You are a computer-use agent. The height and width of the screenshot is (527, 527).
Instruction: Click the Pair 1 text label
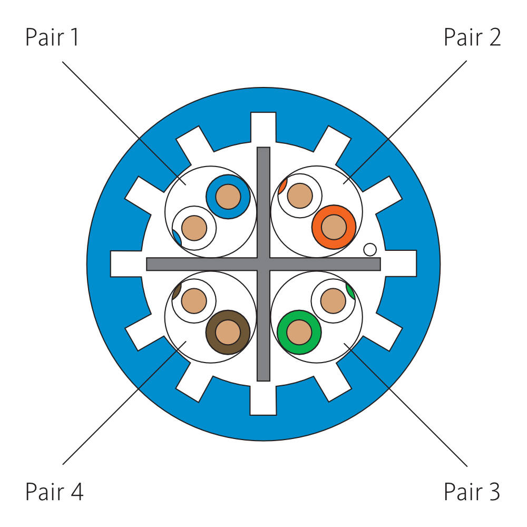[x=52, y=38]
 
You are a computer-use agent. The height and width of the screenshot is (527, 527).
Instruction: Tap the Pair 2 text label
[x=472, y=38]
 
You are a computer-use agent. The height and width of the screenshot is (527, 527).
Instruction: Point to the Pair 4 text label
[x=54, y=492]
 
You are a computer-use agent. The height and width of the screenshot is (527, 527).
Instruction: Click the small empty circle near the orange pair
[x=370, y=249]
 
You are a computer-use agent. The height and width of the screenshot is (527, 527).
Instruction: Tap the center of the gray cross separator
[x=263, y=264]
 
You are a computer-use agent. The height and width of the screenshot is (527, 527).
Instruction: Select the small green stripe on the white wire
[x=350, y=290]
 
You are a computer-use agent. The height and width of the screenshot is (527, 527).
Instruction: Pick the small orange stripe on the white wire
[x=282, y=186]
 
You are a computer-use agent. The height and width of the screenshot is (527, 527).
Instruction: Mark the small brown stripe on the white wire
[x=177, y=289]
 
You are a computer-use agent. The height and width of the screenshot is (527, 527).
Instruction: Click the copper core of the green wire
[x=299, y=332]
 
